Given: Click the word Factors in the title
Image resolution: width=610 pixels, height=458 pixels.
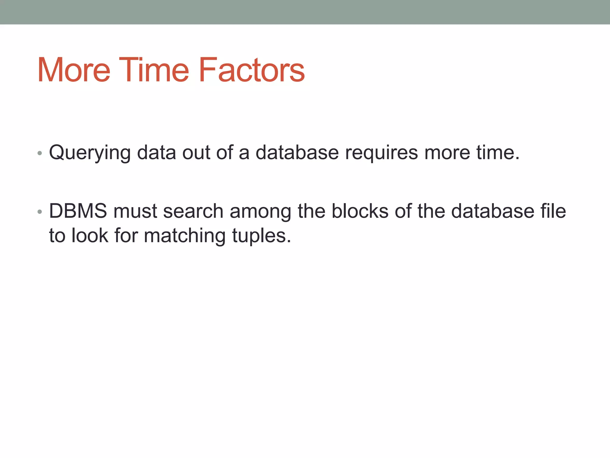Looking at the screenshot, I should click(x=251, y=70).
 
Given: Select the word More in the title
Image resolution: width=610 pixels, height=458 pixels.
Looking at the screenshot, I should click(x=74, y=70).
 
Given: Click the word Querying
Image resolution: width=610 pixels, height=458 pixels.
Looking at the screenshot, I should click(x=90, y=153).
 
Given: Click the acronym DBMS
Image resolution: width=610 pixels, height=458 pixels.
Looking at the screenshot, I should click(x=78, y=211).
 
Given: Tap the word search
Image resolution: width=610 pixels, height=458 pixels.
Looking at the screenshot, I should click(x=193, y=211).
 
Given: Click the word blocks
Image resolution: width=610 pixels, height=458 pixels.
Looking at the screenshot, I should click(x=360, y=211).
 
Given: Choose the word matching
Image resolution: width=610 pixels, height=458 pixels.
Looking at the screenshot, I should click(x=185, y=236).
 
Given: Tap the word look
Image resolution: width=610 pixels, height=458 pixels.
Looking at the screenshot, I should click(x=90, y=236).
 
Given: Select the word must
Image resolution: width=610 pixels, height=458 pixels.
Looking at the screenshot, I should click(x=135, y=212).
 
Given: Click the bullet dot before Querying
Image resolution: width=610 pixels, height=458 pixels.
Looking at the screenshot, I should click(x=40, y=154).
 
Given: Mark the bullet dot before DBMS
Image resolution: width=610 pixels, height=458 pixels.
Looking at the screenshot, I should click(x=40, y=212).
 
